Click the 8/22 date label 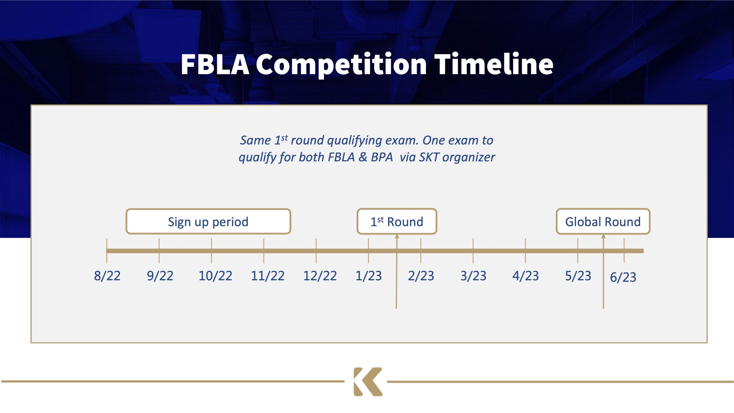click(x=107, y=276)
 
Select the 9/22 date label click(x=160, y=276)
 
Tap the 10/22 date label click(x=215, y=276)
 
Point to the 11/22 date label click(x=268, y=276)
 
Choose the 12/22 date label click(x=320, y=276)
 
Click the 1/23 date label click(x=369, y=276)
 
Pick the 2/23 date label click(x=421, y=276)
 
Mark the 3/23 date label click(x=473, y=276)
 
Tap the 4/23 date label click(x=526, y=276)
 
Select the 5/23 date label click(x=578, y=276)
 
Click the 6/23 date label click(x=623, y=277)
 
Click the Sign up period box click(x=208, y=221)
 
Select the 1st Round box click(x=397, y=221)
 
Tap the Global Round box click(x=603, y=221)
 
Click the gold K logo click(x=368, y=382)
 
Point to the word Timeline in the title click(x=494, y=64)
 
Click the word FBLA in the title click(x=215, y=64)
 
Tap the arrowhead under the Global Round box click(x=603, y=236)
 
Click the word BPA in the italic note click(x=382, y=157)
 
